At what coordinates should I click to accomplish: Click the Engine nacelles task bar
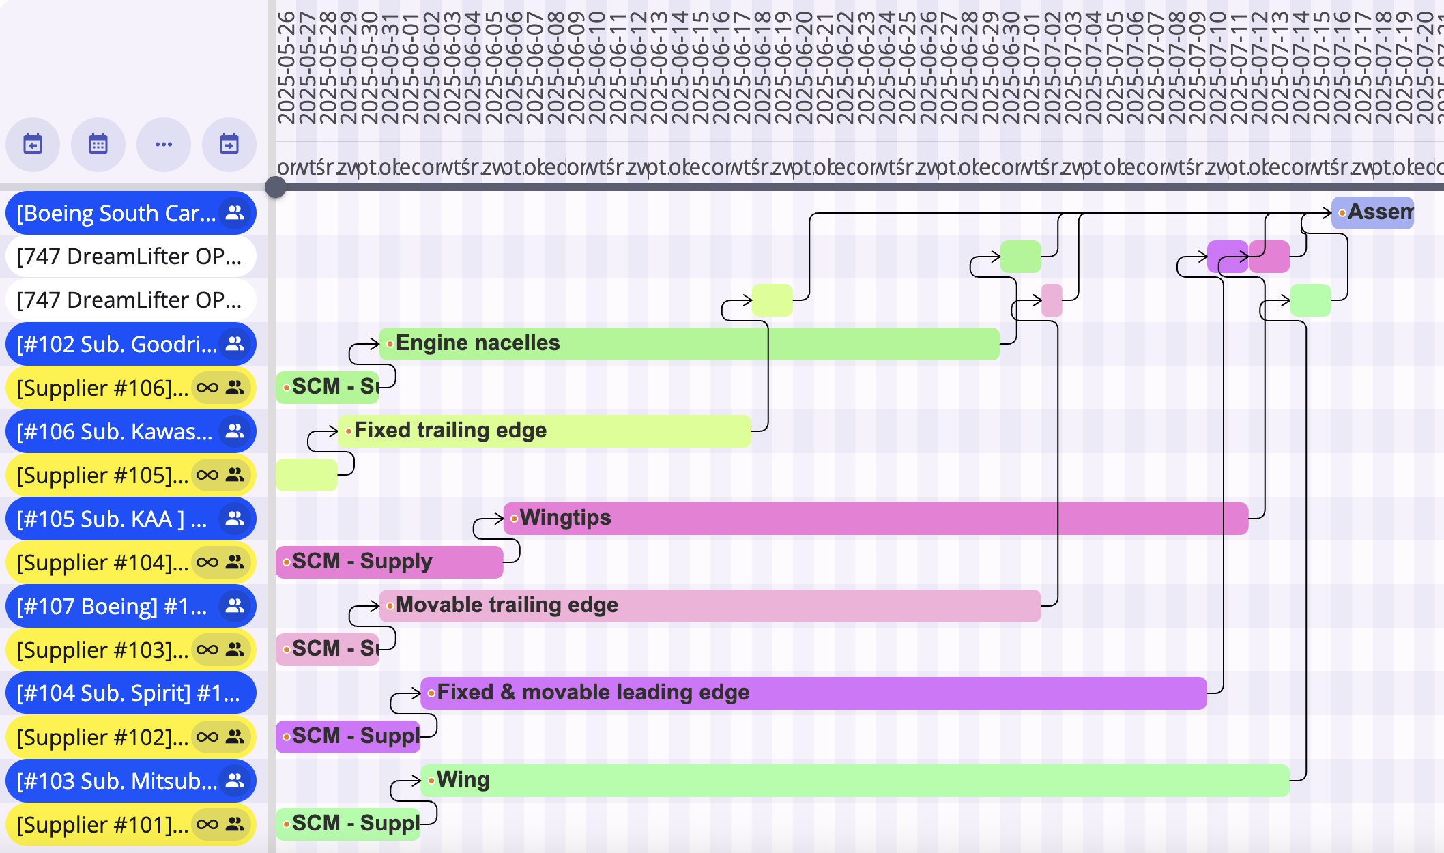coord(689,343)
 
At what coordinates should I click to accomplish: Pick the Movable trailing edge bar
coord(710,605)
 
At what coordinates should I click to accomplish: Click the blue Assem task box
coord(1372,212)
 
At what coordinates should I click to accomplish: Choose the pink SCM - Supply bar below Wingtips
coord(389,562)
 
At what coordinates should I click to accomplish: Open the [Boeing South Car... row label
coord(116,213)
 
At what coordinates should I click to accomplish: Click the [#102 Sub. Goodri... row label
coord(116,344)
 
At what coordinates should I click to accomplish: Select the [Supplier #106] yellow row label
coord(102,388)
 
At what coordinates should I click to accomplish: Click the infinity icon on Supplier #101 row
coord(207,824)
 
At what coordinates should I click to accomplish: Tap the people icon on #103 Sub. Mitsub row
coord(235,780)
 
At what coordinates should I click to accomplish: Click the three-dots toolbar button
coord(164,144)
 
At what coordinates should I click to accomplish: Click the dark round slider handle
coord(275,187)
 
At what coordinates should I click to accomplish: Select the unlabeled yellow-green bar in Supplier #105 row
coord(306,474)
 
